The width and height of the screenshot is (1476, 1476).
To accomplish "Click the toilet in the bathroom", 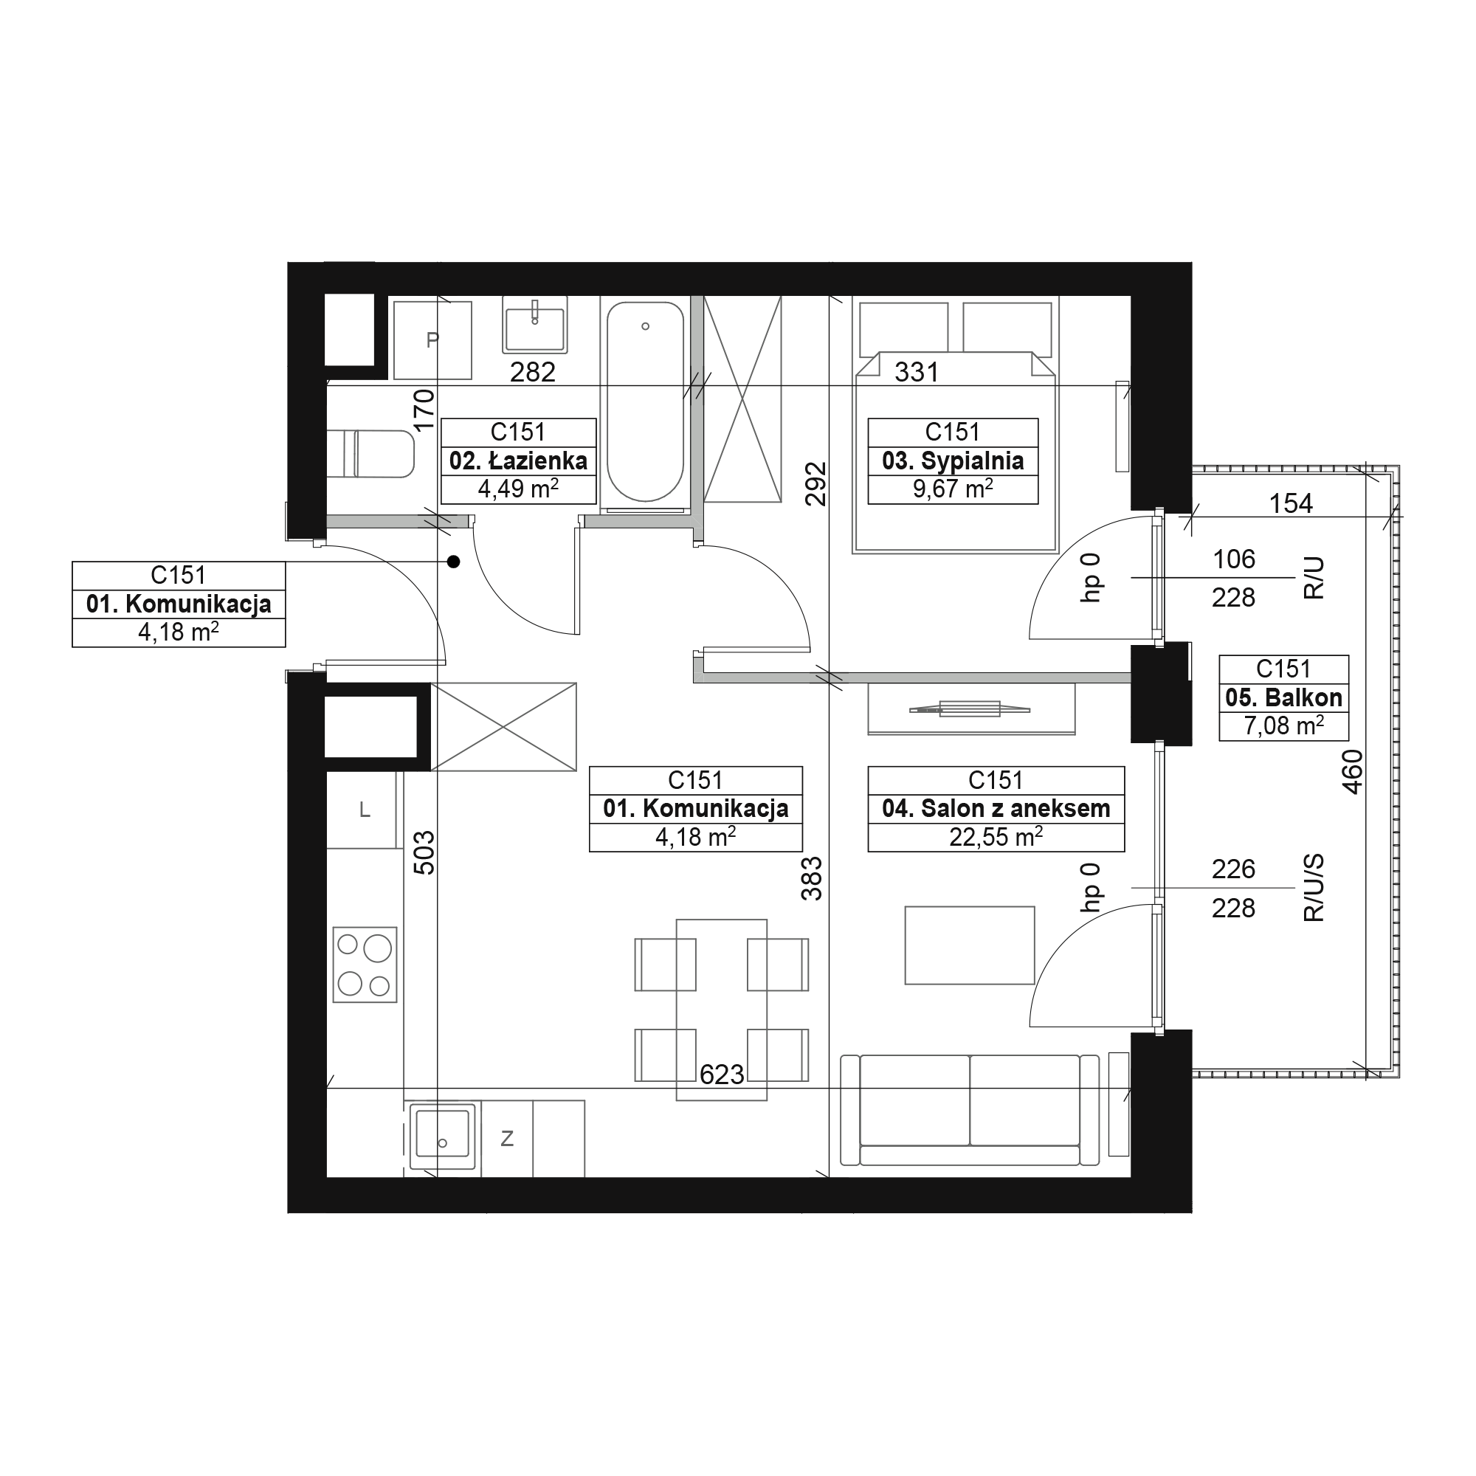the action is click(x=370, y=455).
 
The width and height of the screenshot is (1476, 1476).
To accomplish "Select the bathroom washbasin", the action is click(x=535, y=325).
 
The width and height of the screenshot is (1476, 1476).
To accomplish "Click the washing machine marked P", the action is click(x=432, y=340).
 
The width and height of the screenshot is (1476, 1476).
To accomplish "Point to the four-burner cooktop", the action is click(x=365, y=965).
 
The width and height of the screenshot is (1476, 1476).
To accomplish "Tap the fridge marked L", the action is click(x=365, y=810).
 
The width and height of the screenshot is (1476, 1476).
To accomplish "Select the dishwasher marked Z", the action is click(x=506, y=1138).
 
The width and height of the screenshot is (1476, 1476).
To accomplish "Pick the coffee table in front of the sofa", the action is click(x=970, y=945).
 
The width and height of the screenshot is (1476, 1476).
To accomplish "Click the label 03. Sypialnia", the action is click(x=953, y=461).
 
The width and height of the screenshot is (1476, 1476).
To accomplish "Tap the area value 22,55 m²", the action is click(x=996, y=837).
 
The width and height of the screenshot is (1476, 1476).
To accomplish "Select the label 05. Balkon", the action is click(x=1283, y=697).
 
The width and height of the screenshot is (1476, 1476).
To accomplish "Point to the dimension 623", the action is click(x=722, y=1075).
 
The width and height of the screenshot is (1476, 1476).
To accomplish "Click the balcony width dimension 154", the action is click(x=1290, y=503).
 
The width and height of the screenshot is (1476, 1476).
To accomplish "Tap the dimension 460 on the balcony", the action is click(x=1351, y=773).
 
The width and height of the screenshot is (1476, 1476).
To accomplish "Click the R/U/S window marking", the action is click(x=1314, y=889).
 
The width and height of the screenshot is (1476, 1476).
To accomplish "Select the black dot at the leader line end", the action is click(x=454, y=562).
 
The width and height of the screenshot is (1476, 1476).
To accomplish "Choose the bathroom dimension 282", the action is click(x=533, y=372).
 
